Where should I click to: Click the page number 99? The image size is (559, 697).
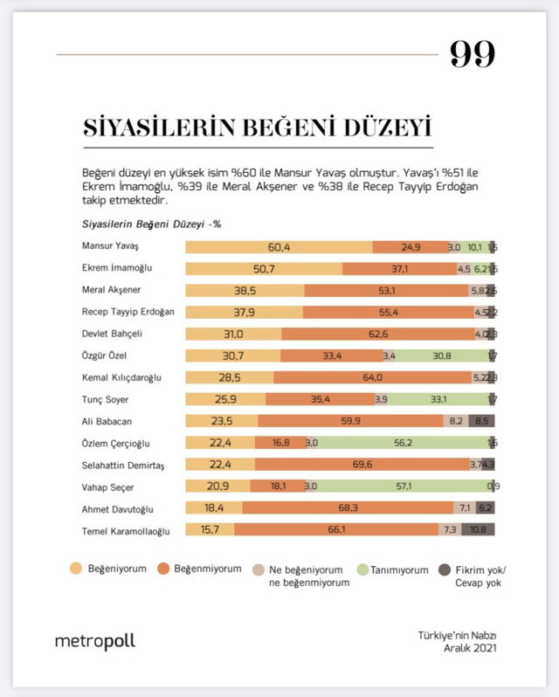[473, 55]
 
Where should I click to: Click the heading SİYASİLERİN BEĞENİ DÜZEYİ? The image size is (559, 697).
[258, 128]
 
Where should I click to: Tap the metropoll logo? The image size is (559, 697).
[94, 641]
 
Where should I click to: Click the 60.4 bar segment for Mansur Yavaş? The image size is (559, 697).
[279, 247]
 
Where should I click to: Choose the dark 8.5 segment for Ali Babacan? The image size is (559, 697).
[482, 420]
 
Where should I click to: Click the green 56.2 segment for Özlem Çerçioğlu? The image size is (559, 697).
[403, 443]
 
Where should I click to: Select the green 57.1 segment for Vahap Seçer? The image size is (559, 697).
[404, 486]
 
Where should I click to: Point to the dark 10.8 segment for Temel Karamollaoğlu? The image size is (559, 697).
[478, 529]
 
